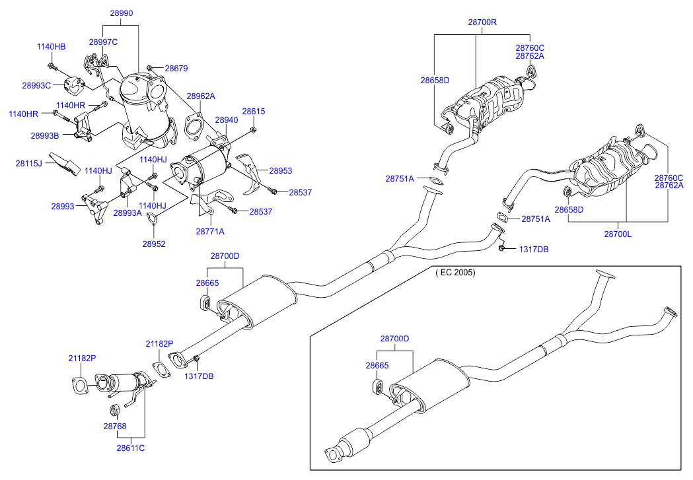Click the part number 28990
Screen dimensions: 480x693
click(x=122, y=13)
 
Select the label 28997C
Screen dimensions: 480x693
click(x=103, y=42)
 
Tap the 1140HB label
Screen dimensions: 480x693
click(x=51, y=47)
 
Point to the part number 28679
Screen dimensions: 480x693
click(x=176, y=68)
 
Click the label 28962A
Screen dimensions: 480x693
click(x=200, y=96)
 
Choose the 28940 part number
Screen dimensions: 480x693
click(x=226, y=120)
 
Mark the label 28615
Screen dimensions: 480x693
click(x=253, y=112)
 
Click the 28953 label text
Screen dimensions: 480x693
click(x=280, y=170)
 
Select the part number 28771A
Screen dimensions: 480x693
click(x=210, y=231)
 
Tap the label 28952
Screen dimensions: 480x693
click(x=153, y=244)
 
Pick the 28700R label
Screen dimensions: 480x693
click(x=482, y=22)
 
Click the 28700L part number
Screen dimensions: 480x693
click(x=618, y=233)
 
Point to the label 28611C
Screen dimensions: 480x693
click(x=131, y=448)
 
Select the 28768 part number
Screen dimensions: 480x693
click(x=114, y=426)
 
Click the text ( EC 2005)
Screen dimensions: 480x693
click(x=455, y=272)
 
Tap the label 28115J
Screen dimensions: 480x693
click(x=29, y=162)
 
